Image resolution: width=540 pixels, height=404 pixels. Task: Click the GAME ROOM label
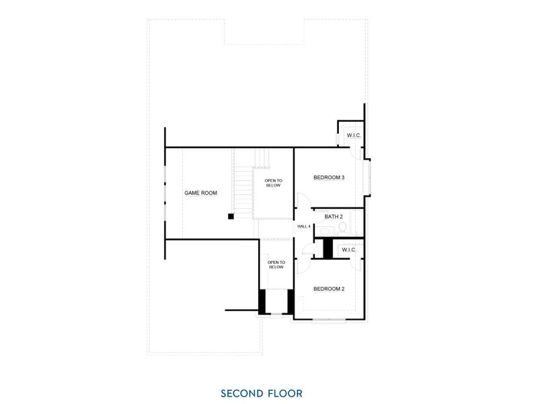201,193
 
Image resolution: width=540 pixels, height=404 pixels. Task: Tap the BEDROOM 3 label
329,178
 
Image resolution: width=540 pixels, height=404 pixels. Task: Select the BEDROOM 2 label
329,289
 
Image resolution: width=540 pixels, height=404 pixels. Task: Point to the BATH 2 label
334,217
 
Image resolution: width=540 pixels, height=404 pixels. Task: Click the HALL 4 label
304,226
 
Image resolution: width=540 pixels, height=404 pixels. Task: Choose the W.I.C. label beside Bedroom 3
354,136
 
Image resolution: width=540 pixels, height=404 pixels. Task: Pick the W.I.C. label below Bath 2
348,250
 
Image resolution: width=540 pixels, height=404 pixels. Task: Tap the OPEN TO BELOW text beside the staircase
273,182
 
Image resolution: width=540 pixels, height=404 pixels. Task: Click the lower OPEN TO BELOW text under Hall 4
276,265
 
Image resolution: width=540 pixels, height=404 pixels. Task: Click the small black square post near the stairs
230,217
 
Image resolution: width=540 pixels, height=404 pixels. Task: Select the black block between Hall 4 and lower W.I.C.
328,248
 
